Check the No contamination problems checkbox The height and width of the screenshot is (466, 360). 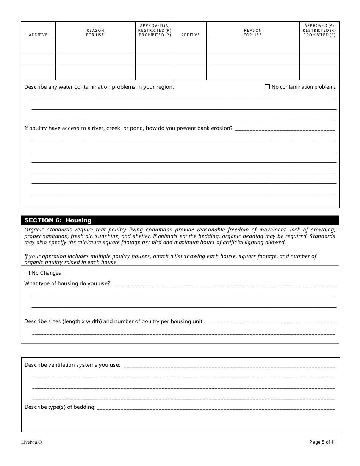(267, 87)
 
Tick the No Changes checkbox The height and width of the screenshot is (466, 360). (27, 273)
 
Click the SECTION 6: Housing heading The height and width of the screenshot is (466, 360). (58, 220)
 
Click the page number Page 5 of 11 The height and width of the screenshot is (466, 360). (322, 442)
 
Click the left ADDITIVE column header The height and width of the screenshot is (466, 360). (38, 35)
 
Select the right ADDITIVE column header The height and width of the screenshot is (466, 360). (190, 35)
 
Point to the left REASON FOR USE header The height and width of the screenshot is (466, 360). (95, 33)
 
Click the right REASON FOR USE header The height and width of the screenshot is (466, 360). (253, 33)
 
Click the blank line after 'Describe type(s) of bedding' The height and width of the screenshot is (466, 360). (216, 408)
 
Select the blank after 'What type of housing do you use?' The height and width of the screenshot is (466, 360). (223, 284)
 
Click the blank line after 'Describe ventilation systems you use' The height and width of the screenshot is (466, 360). (229, 366)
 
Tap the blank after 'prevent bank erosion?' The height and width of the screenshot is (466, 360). (285, 129)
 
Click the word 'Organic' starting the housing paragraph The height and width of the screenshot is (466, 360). (34, 230)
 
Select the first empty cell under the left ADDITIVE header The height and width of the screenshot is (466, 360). (38, 45)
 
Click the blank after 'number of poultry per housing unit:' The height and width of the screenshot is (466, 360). (270, 322)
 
